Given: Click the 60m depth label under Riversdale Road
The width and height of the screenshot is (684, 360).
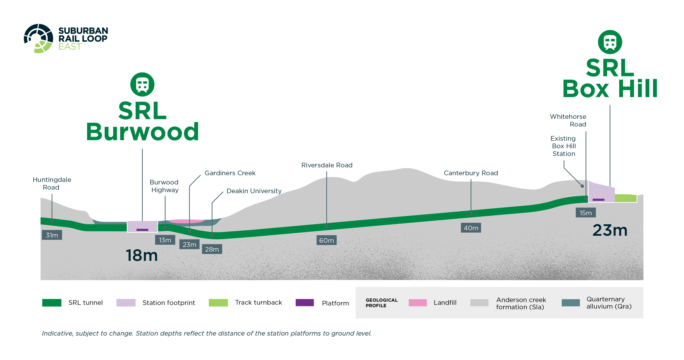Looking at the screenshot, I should click(326, 240).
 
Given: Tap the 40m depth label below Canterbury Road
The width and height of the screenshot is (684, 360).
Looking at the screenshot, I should click(471, 228).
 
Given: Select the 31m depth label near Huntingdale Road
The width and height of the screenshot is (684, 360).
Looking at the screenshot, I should click(52, 235).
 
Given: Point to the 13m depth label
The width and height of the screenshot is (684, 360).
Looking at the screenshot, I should click(165, 240).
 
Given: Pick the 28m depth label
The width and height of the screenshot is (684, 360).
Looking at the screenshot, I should click(212, 249).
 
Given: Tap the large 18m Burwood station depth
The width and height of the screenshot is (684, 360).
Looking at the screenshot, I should click(142, 255).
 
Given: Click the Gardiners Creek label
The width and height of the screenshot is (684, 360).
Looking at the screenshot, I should click(230, 173).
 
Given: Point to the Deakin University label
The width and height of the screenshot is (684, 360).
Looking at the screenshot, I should click(254, 191).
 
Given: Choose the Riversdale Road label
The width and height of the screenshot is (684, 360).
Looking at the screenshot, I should click(327, 165).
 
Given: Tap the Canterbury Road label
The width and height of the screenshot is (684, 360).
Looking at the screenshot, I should click(471, 173).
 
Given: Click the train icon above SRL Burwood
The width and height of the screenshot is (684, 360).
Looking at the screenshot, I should click(142, 84).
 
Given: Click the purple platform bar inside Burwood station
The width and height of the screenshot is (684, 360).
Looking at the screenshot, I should click(142, 230).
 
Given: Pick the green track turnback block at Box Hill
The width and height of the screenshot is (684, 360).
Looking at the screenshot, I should click(625, 198).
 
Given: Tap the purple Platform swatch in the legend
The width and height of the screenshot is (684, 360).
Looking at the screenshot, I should click(305, 303).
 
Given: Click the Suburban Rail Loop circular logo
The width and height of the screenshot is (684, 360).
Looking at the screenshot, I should click(38, 38).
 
